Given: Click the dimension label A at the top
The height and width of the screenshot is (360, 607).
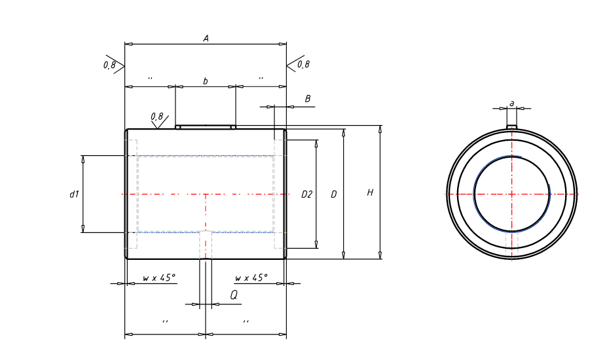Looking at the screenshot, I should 206,39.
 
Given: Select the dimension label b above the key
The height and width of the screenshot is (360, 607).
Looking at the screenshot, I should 206,81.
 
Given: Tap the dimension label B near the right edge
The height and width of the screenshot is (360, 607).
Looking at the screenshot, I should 308,99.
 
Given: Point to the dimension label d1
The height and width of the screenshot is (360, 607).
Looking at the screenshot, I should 74,194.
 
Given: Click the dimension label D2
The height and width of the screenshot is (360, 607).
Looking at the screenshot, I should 306,194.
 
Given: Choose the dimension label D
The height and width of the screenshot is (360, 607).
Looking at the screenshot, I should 333,194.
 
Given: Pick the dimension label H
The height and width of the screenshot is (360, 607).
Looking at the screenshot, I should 370,192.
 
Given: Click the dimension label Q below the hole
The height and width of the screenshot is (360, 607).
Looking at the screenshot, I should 234,295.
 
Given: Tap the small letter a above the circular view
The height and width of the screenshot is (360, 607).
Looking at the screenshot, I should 512,103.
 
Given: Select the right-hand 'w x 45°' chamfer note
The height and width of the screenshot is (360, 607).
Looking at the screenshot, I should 251,278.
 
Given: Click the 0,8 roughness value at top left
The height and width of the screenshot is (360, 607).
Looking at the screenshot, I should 109,65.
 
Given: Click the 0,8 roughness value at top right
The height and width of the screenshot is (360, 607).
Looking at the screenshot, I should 303,64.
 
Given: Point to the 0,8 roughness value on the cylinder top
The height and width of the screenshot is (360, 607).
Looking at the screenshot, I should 157,117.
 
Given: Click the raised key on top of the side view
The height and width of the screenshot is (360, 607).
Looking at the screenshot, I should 206,127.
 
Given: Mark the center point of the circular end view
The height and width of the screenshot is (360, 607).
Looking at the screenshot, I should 512,194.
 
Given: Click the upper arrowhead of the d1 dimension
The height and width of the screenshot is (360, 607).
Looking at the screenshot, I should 83,159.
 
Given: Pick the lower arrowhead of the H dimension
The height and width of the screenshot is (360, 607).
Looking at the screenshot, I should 380,255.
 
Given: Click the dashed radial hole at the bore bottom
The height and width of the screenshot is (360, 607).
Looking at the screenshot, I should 206,245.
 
